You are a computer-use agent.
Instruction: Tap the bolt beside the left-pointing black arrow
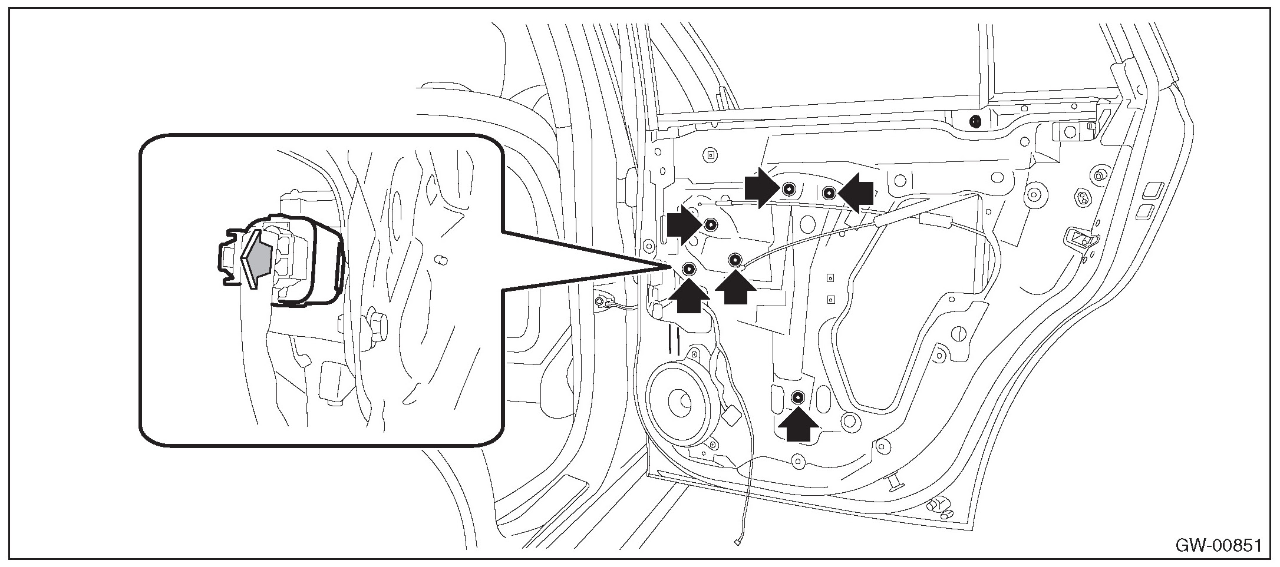tap(829, 192)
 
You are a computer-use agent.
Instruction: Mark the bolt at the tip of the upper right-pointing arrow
tap(789, 189)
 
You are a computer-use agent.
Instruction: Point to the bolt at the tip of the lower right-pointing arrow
tap(711, 224)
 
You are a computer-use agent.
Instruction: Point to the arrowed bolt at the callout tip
tap(689, 270)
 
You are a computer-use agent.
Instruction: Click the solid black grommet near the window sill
tap(975, 122)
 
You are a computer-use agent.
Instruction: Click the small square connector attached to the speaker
tap(731, 416)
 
